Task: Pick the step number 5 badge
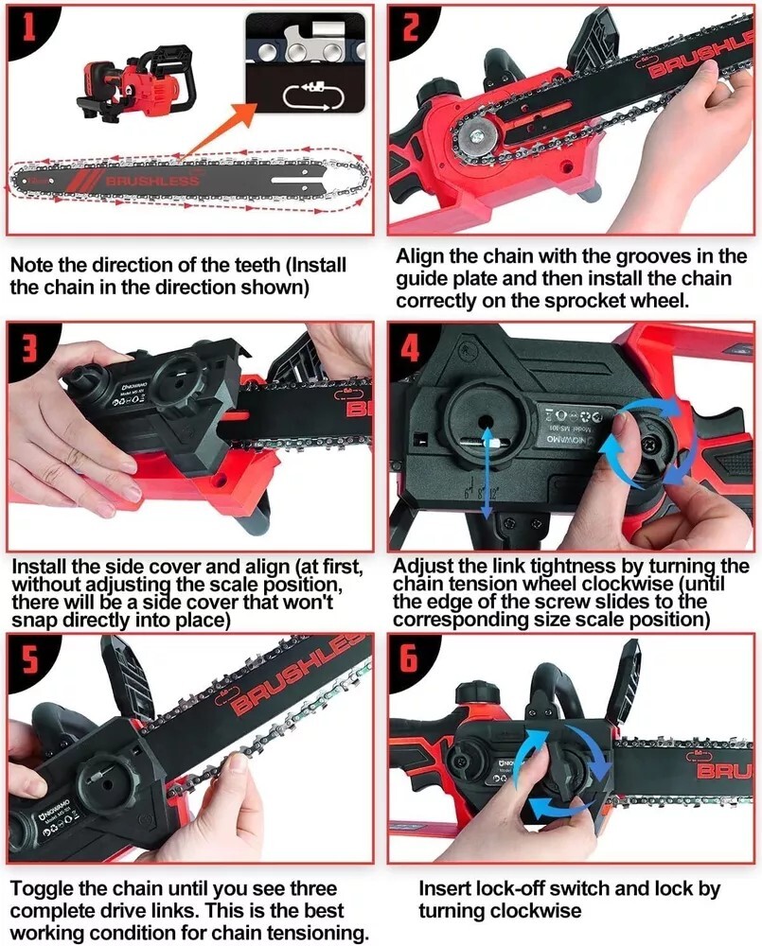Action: pos(27,658)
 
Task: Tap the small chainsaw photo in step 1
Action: pos(138,84)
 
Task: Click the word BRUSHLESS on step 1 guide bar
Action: pos(152,181)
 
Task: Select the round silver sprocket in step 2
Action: pos(474,134)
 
